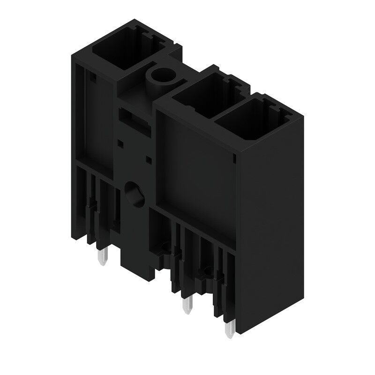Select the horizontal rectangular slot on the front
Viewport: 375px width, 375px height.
pyautogui.click(x=133, y=117)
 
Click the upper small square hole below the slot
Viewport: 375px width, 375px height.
pyautogui.click(x=120, y=141)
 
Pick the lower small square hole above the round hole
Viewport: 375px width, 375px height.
pyautogui.click(x=149, y=160)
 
